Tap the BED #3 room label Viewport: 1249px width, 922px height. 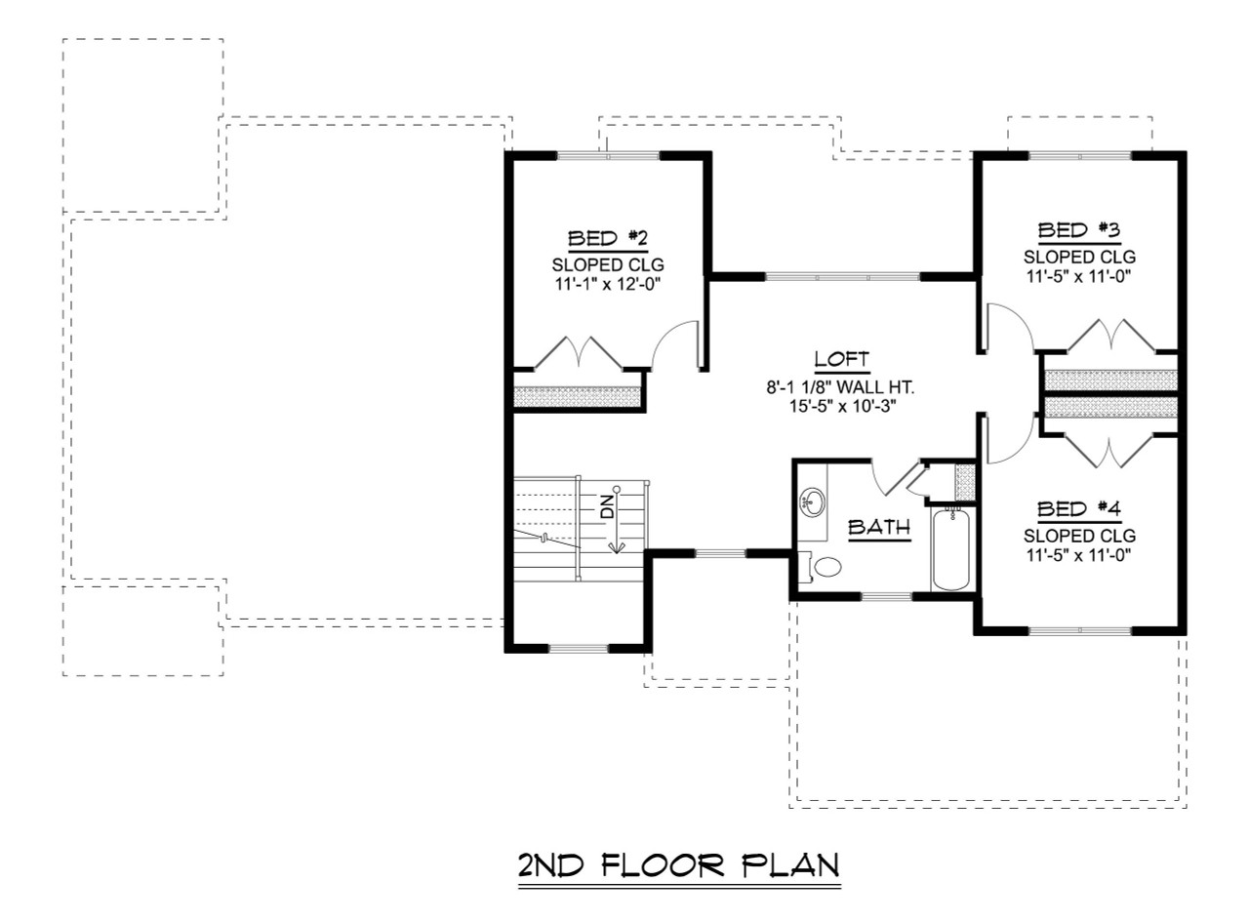(1079, 231)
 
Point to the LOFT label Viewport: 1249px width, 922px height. (841, 359)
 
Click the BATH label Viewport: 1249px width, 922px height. (878, 528)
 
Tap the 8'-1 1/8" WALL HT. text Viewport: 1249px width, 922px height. (841, 386)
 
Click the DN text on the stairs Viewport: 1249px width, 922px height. (607, 504)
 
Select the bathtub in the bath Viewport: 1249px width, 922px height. (950, 550)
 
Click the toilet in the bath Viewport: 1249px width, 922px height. (826, 567)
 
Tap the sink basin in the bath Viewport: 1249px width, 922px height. (812, 503)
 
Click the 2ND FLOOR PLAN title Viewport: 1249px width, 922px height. (678, 866)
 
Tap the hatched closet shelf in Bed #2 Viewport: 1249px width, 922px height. (577, 396)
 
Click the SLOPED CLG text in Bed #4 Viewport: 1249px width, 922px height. (1079, 536)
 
